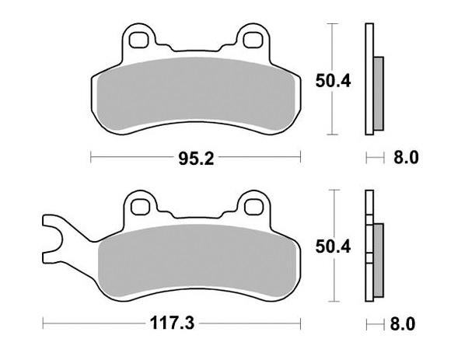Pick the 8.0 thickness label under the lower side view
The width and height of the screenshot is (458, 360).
[406, 322]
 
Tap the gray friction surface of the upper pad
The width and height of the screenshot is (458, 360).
[196, 89]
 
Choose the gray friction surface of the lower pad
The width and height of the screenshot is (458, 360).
[196, 257]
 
